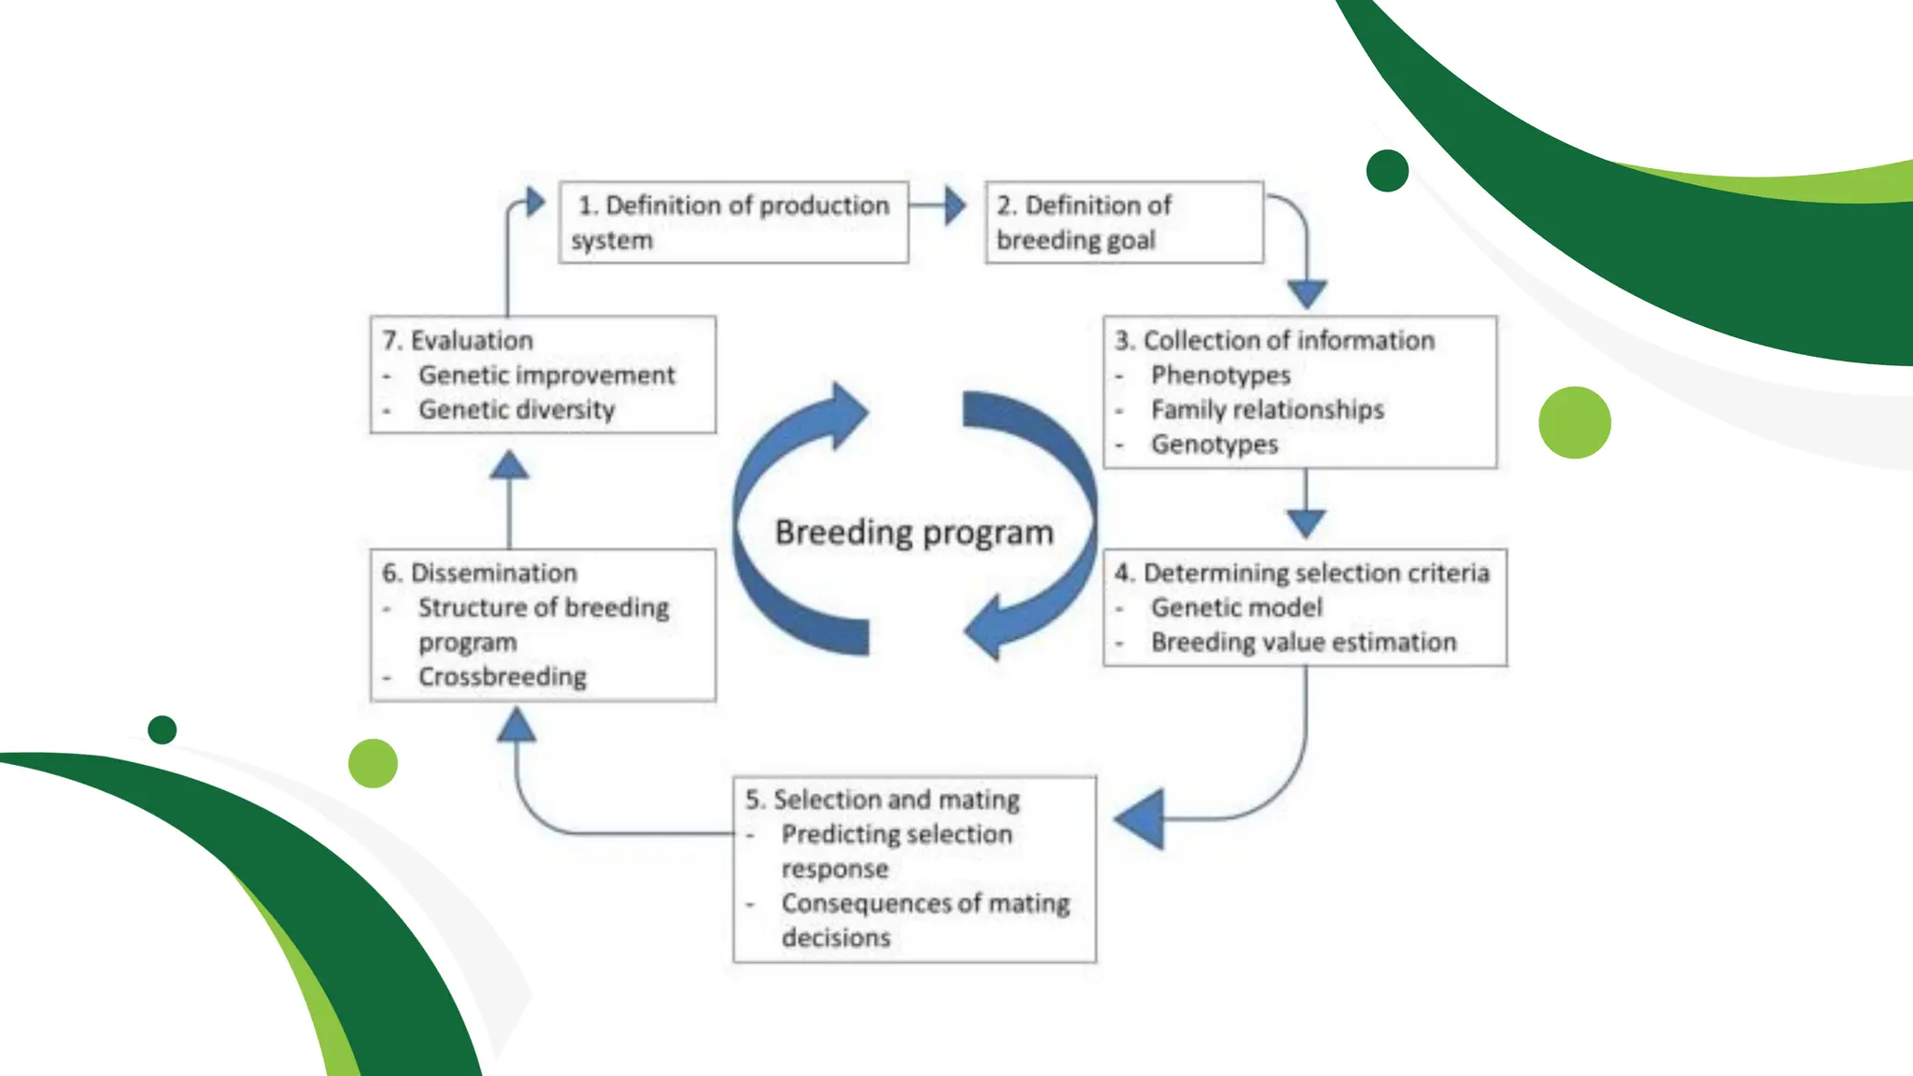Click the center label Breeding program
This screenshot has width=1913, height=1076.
(914, 532)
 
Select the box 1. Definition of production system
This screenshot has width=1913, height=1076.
(733, 222)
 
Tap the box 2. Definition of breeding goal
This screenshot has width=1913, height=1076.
(1124, 222)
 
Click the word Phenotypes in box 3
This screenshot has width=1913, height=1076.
(1220, 375)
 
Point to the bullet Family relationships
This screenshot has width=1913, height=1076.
(1267, 410)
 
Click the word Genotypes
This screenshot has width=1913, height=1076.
(1213, 445)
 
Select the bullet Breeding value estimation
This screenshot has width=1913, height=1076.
(1303, 643)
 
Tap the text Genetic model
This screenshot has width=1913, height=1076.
(1236, 608)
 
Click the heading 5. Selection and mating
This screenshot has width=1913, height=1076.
(882, 800)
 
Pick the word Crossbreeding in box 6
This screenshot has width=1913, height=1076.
(502, 677)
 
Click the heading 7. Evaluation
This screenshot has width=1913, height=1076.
(457, 341)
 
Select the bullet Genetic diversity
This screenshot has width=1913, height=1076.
(516, 410)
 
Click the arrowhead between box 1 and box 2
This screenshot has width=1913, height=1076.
(954, 205)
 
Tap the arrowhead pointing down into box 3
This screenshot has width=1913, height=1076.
(1307, 293)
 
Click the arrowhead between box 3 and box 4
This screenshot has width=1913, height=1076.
(1306, 523)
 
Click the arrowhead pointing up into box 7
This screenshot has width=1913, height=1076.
(509, 465)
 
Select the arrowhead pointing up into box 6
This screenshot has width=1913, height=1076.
(516, 725)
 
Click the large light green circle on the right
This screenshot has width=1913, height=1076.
(1574, 422)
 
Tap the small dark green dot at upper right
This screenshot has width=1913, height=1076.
(1386, 171)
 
